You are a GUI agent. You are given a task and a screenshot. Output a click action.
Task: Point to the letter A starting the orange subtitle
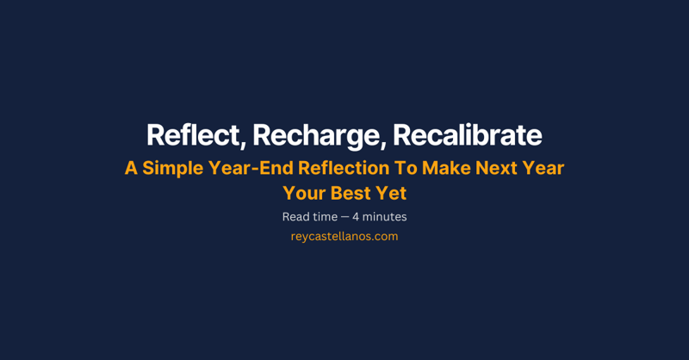point(131,168)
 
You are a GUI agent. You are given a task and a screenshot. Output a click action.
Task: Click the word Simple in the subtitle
point(171,168)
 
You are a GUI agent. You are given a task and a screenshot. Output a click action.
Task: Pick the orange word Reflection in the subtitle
point(339,168)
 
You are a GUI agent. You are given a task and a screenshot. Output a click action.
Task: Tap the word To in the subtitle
point(402,168)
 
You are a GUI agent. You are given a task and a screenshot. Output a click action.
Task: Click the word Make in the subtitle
point(443,168)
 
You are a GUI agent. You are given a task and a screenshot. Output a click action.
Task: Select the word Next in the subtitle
point(494,168)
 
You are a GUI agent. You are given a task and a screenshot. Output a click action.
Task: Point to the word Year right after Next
point(543,168)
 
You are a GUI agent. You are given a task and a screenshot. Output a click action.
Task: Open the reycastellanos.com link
point(344,236)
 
